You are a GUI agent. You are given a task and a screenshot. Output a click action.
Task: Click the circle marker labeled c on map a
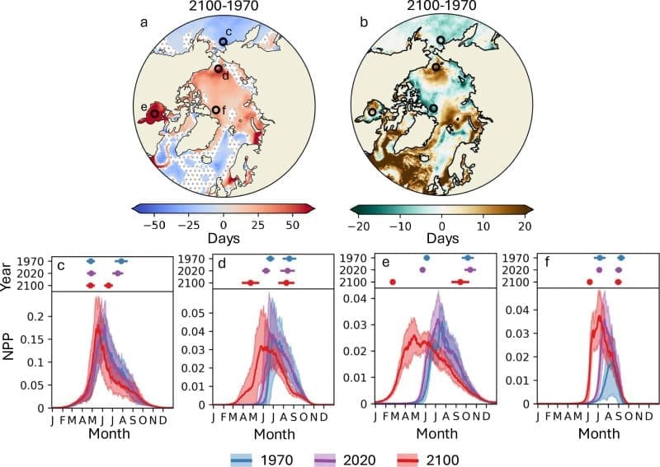point(223,42)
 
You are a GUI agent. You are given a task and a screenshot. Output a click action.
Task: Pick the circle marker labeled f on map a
point(215,110)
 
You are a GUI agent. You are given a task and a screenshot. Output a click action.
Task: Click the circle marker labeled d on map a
point(218,68)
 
